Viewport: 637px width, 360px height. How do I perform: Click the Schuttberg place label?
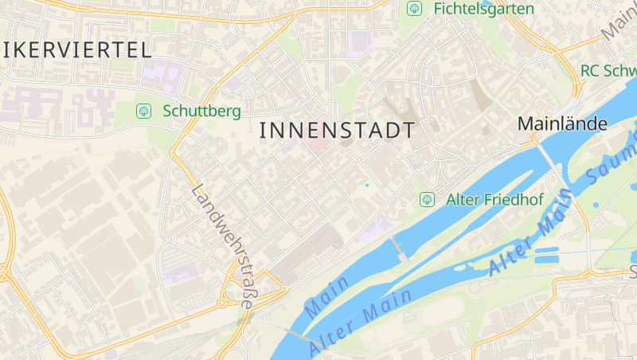coord(201,111)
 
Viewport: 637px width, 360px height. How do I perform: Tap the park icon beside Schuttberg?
coord(143,111)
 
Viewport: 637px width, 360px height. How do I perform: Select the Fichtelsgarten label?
coord(483,9)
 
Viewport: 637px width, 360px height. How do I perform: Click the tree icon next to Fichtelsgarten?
coord(414,9)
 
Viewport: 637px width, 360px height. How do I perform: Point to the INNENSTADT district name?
coord(338,131)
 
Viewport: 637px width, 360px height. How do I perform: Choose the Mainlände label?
coord(562,123)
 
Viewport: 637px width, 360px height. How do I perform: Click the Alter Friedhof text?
coord(494,199)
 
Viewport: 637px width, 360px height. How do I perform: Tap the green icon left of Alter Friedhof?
coord(427,198)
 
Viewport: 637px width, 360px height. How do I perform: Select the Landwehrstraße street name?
coord(224,246)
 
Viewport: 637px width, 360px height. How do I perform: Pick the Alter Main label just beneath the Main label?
coord(360,321)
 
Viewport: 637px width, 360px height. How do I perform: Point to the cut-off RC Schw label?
coord(608,70)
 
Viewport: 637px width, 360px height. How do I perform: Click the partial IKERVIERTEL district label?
coord(76,49)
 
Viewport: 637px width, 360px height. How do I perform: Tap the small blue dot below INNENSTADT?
coord(367,185)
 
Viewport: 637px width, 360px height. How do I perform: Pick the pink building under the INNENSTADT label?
coord(318,148)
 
